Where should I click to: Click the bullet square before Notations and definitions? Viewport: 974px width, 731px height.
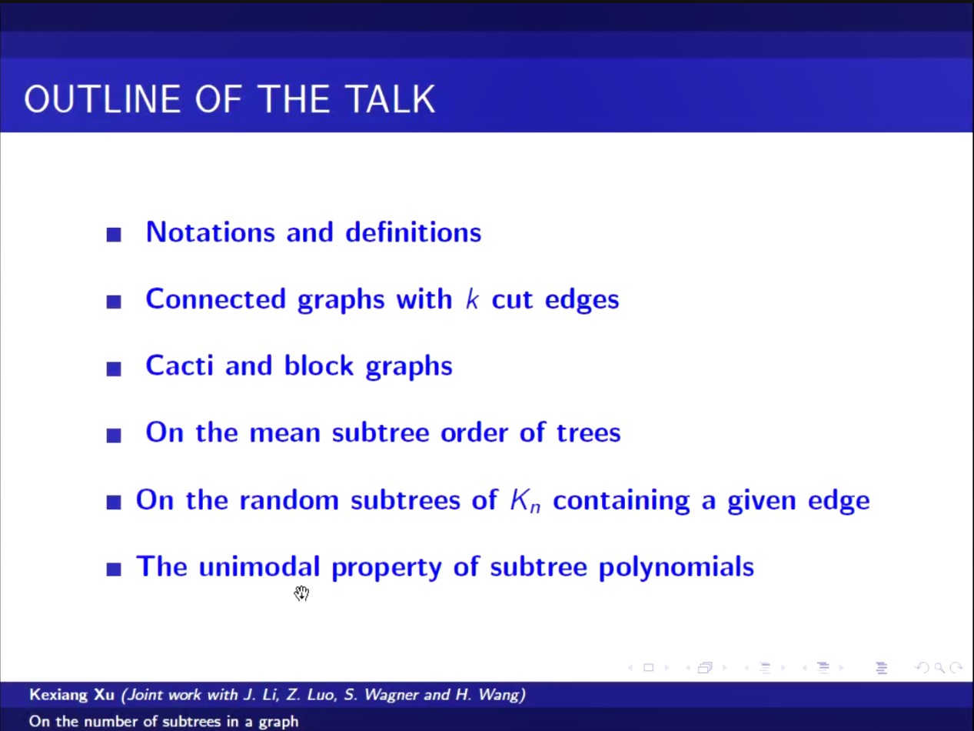click(x=114, y=235)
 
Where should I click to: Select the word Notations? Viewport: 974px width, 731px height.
click(x=211, y=232)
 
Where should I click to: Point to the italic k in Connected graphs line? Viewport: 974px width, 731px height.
click(x=472, y=299)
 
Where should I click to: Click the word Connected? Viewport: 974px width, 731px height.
click(x=216, y=299)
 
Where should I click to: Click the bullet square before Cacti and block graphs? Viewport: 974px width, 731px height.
click(x=114, y=369)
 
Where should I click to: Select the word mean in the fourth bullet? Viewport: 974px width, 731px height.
click(x=285, y=432)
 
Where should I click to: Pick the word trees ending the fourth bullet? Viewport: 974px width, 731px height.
click(x=588, y=432)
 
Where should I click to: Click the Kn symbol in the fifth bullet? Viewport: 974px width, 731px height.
click(x=525, y=500)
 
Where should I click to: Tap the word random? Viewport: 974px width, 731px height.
click(x=289, y=499)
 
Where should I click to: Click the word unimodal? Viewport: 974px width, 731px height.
click(x=259, y=566)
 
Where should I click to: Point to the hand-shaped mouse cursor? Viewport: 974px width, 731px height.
click(x=302, y=593)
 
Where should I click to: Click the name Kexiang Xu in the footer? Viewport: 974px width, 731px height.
click(x=72, y=694)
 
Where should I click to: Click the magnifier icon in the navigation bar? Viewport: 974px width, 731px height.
click(x=939, y=668)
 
